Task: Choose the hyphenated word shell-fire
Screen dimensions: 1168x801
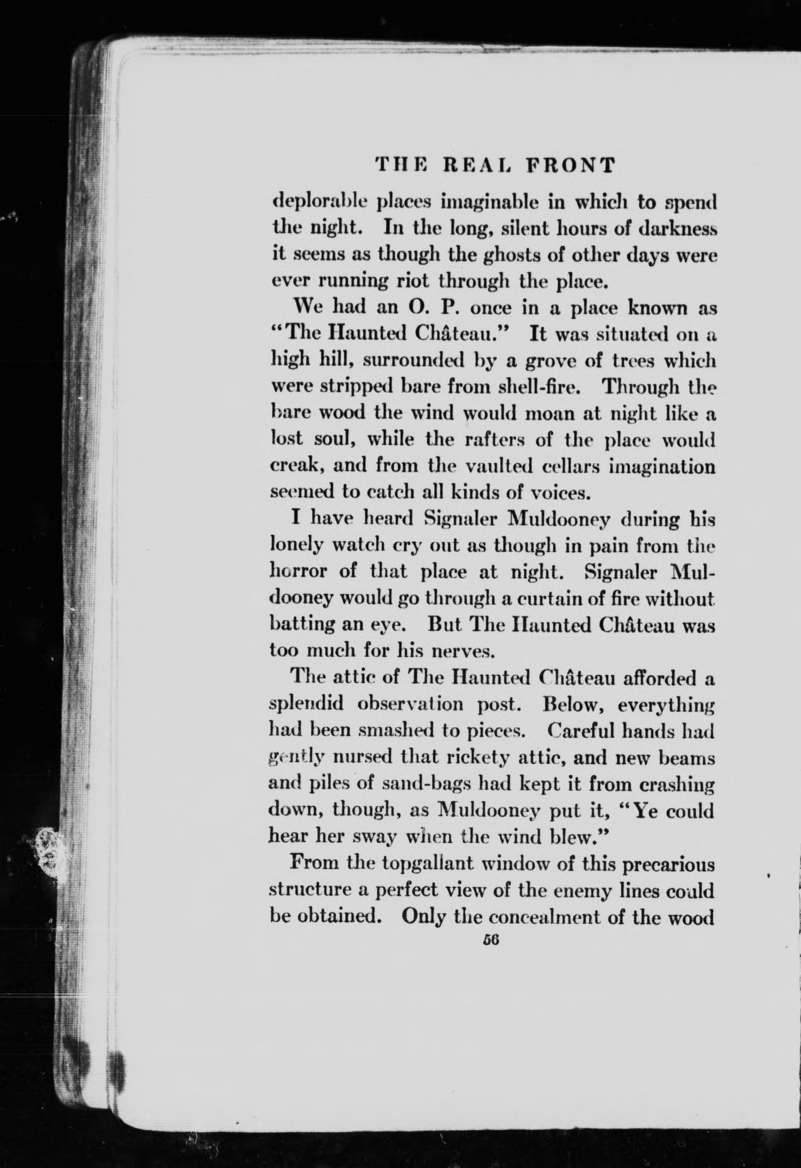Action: click(539, 387)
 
